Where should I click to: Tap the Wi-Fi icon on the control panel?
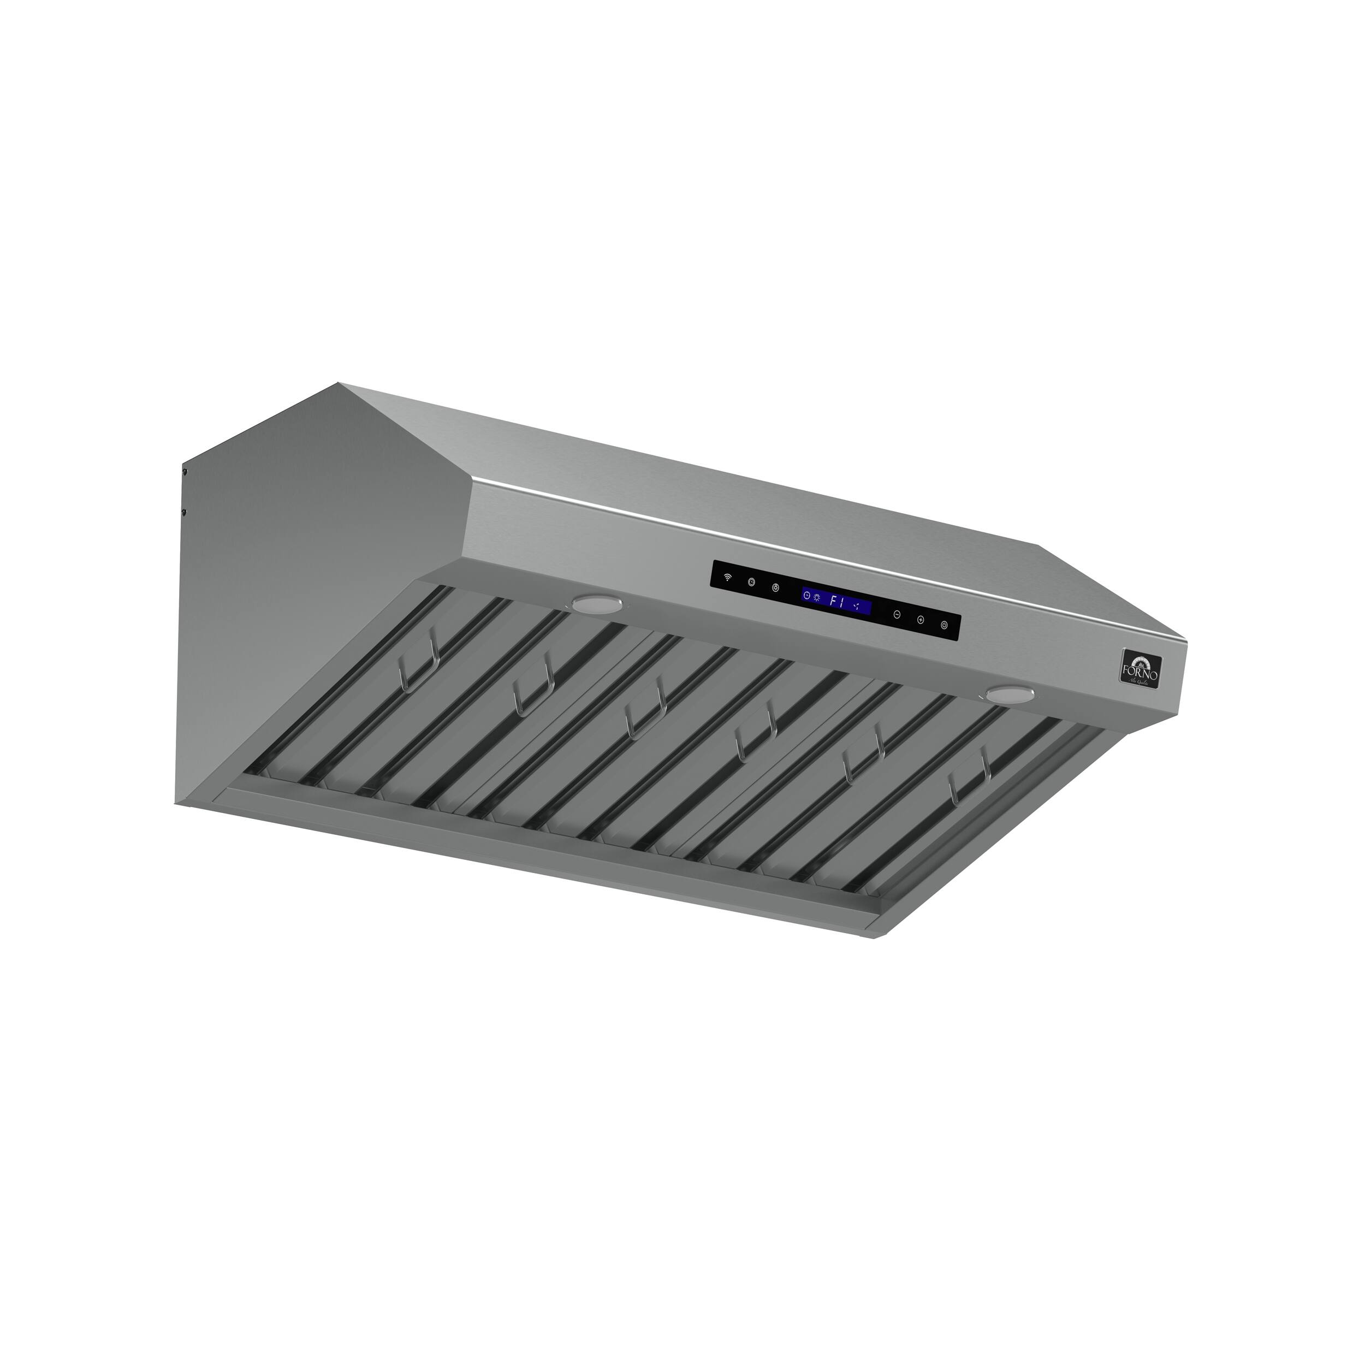(x=727, y=578)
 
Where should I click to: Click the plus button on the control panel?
(x=921, y=620)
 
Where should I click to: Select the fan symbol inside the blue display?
(x=858, y=606)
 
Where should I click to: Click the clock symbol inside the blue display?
(x=807, y=595)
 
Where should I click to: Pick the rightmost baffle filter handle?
(x=971, y=781)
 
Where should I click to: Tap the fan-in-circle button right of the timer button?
(x=776, y=588)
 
